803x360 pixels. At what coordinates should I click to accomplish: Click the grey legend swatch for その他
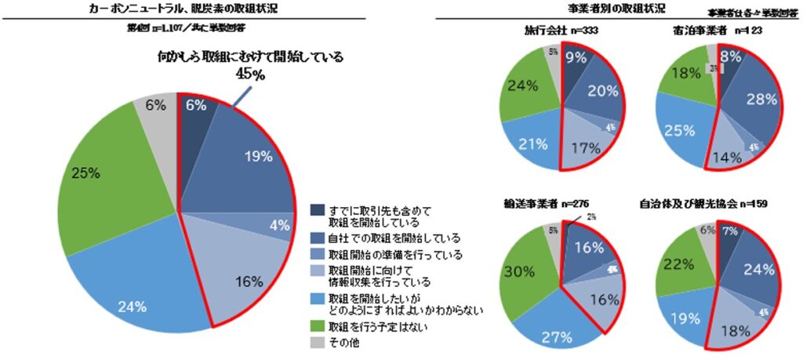(317, 342)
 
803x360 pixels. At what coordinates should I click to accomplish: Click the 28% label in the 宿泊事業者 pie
(760, 99)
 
